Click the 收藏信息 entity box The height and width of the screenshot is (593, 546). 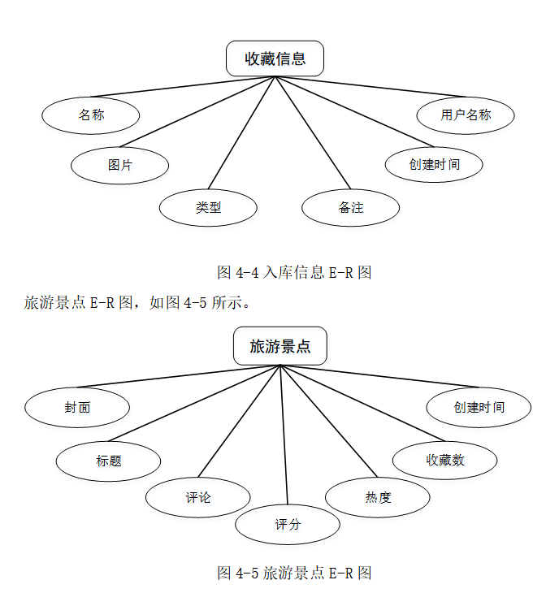[275, 58]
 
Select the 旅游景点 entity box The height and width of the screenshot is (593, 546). [280, 347]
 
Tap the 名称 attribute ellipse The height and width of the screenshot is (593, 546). [91, 115]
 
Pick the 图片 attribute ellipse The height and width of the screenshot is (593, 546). [119, 165]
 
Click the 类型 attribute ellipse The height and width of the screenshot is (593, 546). [208, 207]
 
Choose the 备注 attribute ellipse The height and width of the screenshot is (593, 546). [350, 207]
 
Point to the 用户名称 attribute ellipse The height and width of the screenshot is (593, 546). [466, 115]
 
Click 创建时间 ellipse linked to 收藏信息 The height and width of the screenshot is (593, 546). [434, 164]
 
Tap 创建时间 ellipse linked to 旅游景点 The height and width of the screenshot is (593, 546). [479, 407]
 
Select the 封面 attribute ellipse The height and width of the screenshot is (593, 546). [77, 407]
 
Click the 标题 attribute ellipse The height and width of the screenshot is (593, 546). [108, 461]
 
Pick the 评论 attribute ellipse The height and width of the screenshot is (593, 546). [197, 497]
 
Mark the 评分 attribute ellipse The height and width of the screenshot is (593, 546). [287, 524]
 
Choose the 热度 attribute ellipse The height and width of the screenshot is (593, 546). [378, 497]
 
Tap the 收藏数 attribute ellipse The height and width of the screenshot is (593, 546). [444, 460]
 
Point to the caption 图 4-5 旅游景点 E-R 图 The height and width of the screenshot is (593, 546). [294, 573]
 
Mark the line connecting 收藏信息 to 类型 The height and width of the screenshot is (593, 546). [242, 132]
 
